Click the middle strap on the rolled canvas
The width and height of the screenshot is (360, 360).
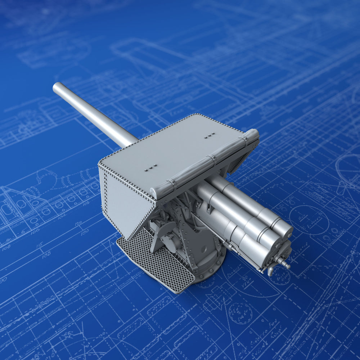click(x=212, y=158)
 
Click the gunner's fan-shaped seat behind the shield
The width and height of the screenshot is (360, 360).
click(x=163, y=230)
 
